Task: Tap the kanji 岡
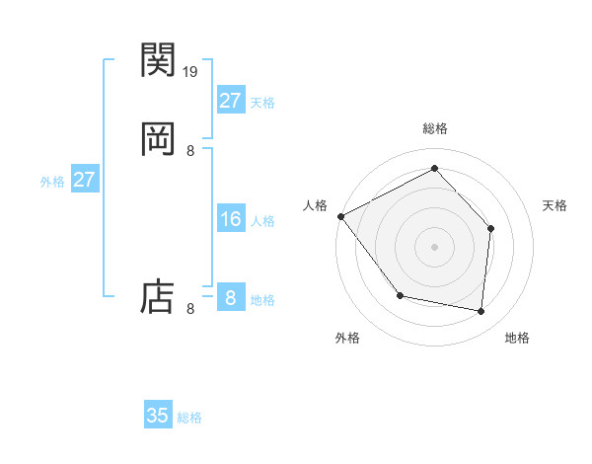[158, 139]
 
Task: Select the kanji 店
[158, 295]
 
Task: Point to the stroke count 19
[191, 72]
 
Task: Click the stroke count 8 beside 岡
[190, 150]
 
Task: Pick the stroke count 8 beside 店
[190, 309]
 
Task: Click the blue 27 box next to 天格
[230, 101]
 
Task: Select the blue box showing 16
[230, 219]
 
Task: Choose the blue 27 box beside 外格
[84, 180]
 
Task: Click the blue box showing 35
[158, 416]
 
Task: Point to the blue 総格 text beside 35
[189, 418]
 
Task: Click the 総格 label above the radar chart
[434, 129]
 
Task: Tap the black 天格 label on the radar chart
[555, 205]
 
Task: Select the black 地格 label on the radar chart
[517, 338]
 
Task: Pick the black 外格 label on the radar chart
[347, 338]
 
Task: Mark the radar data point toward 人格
[340, 216]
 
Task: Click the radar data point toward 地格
[481, 311]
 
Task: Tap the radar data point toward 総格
[434, 168]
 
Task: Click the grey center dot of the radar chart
[434, 246]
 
